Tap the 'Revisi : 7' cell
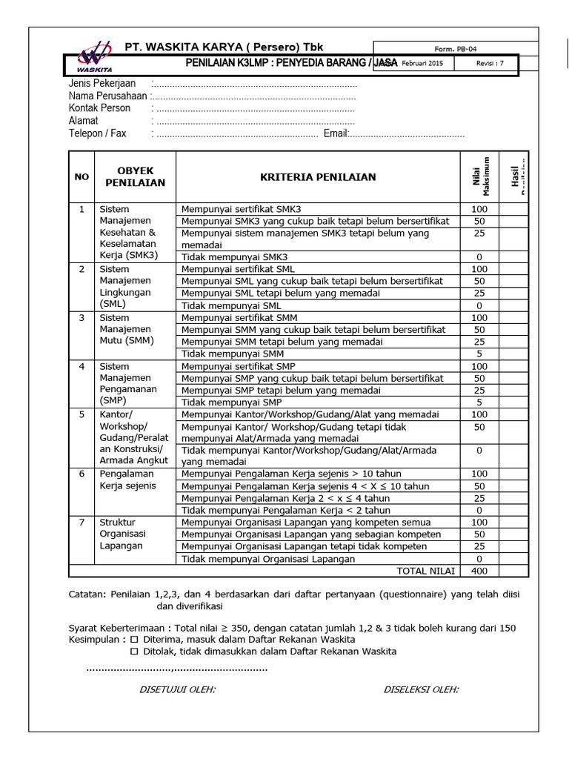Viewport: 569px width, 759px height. point(490,64)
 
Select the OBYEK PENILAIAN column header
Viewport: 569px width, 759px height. point(135,176)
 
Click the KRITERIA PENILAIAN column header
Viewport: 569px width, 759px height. point(318,177)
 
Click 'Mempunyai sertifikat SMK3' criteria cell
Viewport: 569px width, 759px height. point(242,209)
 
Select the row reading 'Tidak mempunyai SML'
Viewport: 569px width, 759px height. point(231,305)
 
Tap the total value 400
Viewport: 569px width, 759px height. point(479,571)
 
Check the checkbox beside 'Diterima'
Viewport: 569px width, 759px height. point(134,639)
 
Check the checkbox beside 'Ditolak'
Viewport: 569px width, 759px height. point(134,652)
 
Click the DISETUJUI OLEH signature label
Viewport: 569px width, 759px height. point(178,689)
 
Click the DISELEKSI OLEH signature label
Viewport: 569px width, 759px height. point(421,689)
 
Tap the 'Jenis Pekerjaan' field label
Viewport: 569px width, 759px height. point(102,84)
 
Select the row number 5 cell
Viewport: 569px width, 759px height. point(81,414)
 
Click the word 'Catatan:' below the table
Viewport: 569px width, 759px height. point(88,593)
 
